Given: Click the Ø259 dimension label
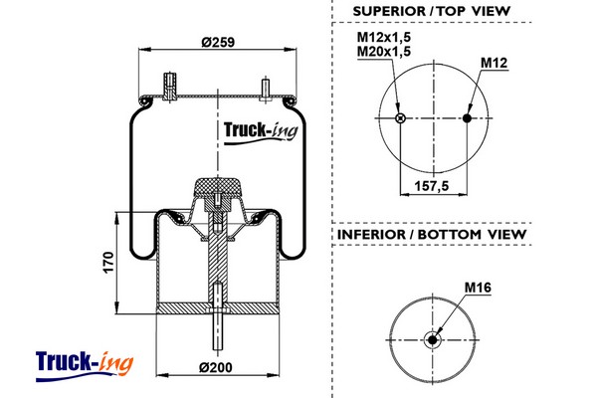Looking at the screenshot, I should click(x=216, y=42).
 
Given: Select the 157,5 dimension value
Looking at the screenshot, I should click(x=434, y=185).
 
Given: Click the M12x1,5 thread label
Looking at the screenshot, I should click(x=384, y=37).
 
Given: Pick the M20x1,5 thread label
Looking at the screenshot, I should click(x=384, y=51).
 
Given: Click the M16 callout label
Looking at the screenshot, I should click(x=479, y=289).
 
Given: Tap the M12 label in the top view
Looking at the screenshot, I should click(x=495, y=64).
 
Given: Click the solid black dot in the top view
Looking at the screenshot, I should click(x=468, y=118).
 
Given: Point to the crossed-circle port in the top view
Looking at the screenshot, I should click(x=400, y=118).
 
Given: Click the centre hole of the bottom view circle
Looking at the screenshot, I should click(x=434, y=339).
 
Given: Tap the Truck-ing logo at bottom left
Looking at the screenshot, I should click(x=84, y=362).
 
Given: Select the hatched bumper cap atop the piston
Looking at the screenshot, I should click(x=216, y=186).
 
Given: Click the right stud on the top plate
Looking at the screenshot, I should click(x=265, y=87).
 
